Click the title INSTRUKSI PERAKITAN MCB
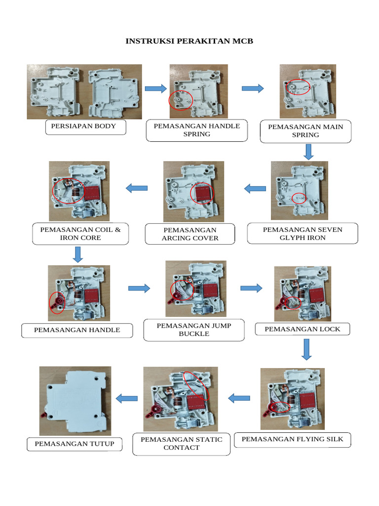(x=189, y=41)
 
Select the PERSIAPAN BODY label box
(x=86, y=126)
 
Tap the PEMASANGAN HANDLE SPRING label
(x=197, y=130)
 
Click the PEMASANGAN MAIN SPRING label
(x=305, y=131)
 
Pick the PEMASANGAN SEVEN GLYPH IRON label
(x=302, y=234)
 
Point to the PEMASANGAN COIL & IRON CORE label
(x=80, y=234)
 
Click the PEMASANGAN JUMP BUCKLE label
(x=194, y=330)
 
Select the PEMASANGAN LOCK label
(x=302, y=330)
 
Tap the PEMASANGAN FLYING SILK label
(x=292, y=439)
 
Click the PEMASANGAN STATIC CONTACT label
(x=181, y=444)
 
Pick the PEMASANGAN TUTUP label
(x=74, y=444)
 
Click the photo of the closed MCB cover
(x=75, y=400)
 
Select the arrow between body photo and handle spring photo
(x=155, y=88)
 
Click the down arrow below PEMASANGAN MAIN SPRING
(x=308, y=152)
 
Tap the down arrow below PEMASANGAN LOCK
(x=306, y=350)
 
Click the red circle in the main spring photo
(x=299, y=87)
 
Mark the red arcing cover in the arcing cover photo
(x=203, y=193)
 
